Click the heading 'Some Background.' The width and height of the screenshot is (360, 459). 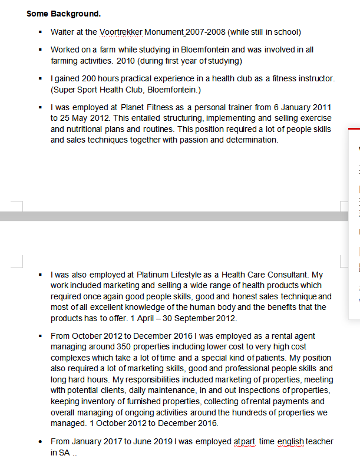tap(63, 14)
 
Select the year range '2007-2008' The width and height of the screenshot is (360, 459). tap(207, 32)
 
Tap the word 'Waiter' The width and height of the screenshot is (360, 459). tap(63, 32)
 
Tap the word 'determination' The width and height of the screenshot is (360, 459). tap(248, 140)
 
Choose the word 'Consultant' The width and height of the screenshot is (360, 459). tap(285, 275)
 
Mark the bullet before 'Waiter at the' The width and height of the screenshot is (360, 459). tap(40, 32)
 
